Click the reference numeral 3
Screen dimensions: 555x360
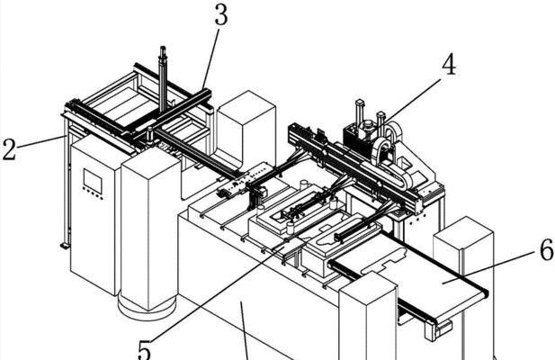tap(221, 15)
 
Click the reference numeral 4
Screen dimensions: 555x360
tap(449, 65)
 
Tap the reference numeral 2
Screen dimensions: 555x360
tap(9, 149)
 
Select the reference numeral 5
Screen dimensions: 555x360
tap(145, 350)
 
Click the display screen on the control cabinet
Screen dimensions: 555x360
tap(93, 181)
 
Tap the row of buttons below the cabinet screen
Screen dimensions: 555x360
tap(93, 193)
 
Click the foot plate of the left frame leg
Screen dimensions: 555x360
tap(64, 246)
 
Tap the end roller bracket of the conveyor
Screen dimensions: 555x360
tap(438, 328)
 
